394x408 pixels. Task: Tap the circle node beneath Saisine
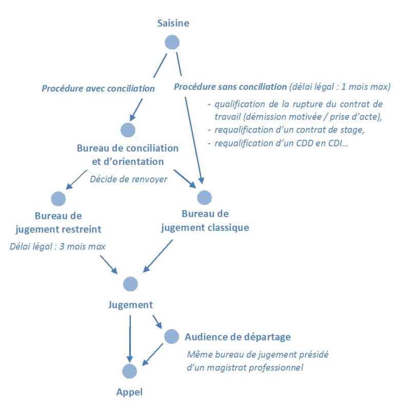pos(172,43)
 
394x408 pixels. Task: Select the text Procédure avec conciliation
pos(98,88)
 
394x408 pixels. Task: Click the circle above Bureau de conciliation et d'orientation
pos(128,130)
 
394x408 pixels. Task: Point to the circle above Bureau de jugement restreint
pos(58,198)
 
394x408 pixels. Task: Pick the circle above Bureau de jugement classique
pos(204,197)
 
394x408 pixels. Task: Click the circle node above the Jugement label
pos(130,284)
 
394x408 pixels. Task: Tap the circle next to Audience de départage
pos(171,337)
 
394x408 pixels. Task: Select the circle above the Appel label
pos(130,371)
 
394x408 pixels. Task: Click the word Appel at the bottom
pos(129,392)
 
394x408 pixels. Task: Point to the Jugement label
pos(130,305)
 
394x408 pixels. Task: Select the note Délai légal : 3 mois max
pos(57,246)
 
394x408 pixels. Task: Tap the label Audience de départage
pos(238,337)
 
